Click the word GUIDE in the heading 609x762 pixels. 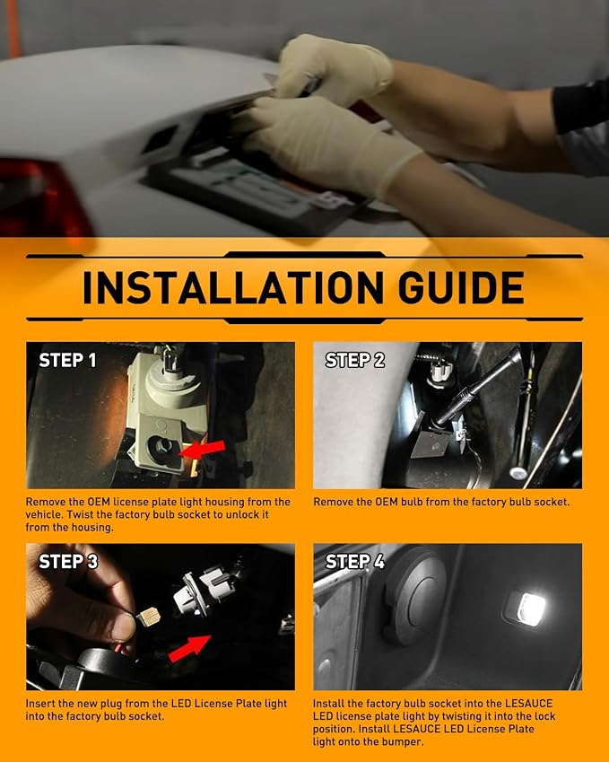coord(461,287)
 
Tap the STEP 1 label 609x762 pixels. coord(67,360)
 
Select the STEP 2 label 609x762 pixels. coord(355,360)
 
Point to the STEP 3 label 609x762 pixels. coord(68,561)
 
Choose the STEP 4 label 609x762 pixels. coord(355,561)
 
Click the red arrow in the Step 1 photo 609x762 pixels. coord(202,450)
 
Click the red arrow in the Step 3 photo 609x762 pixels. coord(190,648)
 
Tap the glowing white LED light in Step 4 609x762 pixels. coord(531,608)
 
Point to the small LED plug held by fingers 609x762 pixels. coord(148,616)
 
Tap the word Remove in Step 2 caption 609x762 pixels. coord(331,502)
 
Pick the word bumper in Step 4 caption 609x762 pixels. coord(403,741)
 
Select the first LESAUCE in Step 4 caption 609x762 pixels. coord(528,703)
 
